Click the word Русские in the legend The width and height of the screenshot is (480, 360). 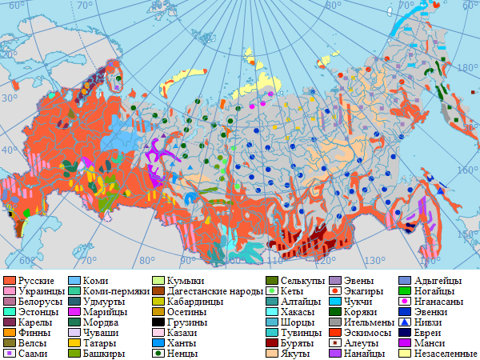coord(37,282)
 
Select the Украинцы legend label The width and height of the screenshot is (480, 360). coord(41,292)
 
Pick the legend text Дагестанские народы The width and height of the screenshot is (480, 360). coord(210,292)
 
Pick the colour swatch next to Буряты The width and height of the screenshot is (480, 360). coord(272,342)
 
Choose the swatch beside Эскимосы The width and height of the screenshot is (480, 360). coord(337,332)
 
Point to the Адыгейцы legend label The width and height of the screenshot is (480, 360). coord(439,282)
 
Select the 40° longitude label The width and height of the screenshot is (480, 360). coord(10,151)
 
